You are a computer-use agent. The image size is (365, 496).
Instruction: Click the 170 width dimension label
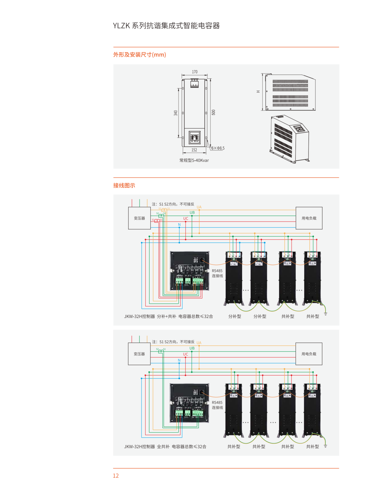(x=194, y=72)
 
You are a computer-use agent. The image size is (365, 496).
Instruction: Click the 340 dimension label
(x=176, y=113)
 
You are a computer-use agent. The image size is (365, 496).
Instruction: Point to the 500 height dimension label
(x=213, y=112)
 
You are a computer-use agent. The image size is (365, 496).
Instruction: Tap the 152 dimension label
(x=194, y=150)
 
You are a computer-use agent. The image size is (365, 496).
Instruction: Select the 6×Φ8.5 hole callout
(x=218, y=148)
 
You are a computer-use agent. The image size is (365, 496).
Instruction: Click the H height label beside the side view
(x=258, y=92)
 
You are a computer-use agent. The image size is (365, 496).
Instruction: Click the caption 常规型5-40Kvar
(x=194, y=160)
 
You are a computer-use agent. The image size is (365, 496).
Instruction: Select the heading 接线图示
(x=124, y=185)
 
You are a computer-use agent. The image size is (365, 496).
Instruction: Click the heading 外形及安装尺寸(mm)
(x=140, y=55)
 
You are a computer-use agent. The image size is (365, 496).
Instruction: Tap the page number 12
(x=116, y=476)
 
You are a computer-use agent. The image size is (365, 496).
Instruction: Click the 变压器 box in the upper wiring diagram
(x=139, y=218)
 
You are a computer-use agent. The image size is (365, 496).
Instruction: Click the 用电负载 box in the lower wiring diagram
(x=309, y=354)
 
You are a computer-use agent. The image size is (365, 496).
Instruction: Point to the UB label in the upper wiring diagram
(x=192, y=213)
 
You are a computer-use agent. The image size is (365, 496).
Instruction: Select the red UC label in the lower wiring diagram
(x=185, y=354)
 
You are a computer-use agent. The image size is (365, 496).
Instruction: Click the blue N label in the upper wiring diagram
(x=179, y=225)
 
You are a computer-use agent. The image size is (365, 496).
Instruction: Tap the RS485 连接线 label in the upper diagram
(x=217, y=273)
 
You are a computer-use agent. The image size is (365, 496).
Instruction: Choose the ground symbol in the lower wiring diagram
(x=325, y=446)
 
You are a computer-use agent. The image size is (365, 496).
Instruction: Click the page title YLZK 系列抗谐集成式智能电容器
(x=166, y=26)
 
